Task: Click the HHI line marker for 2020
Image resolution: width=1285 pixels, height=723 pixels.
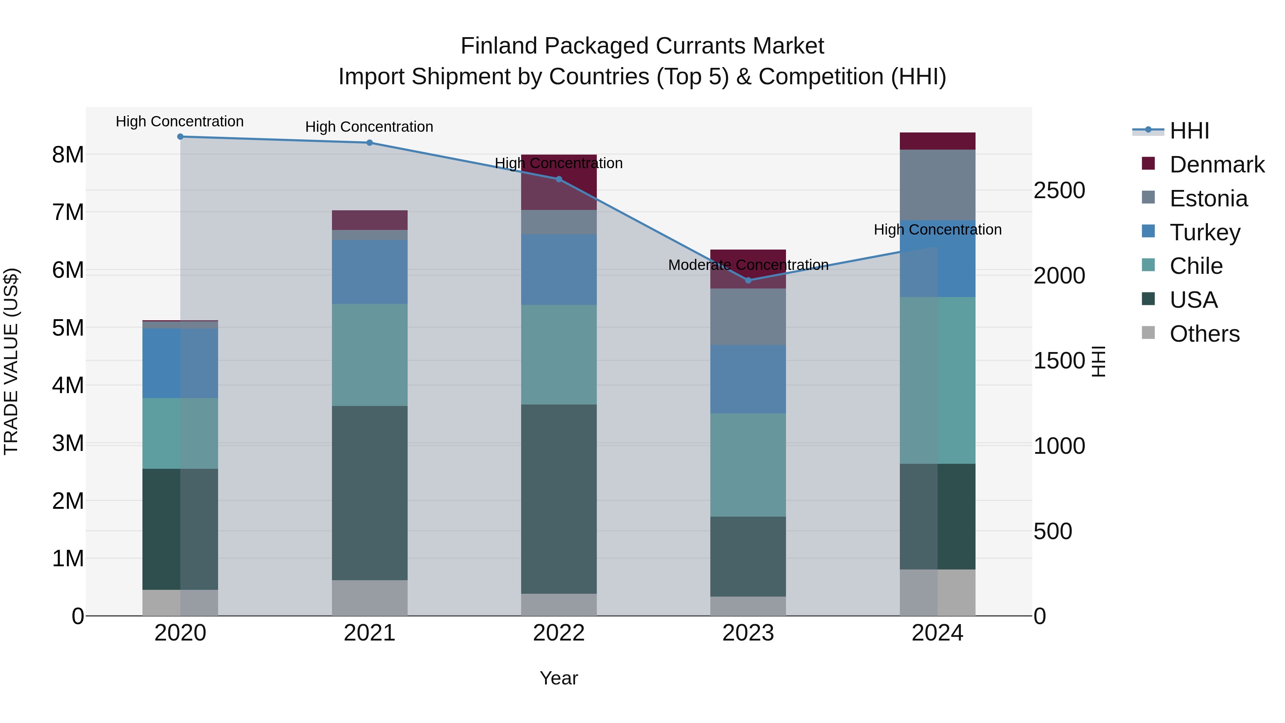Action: click(180, 137)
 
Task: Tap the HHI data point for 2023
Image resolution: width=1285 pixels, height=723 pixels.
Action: click(748, 280)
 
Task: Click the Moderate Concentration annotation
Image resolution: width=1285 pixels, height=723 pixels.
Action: click(748, 265)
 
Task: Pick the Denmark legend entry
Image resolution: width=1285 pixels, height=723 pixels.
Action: click(1216, 165)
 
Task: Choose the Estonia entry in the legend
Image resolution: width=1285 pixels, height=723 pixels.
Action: click(1208, 199)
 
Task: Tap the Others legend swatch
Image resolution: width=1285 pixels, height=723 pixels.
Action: click(1148, 333)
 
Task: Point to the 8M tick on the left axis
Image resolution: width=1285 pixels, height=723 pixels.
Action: click(68, 155)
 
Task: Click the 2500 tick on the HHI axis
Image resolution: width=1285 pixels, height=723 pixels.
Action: click(1059, 191)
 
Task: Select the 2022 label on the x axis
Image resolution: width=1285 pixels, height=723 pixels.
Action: click(559, 633)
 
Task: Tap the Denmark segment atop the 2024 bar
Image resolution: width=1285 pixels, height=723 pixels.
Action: click(937, 141)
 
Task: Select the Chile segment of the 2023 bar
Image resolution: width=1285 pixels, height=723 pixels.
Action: click(748, 465)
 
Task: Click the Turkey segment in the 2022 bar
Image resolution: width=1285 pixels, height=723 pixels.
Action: click(559, 270)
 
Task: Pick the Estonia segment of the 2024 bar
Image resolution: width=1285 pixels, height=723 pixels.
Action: click(937, 185)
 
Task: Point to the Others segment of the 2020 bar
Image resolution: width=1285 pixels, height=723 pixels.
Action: click(180, 603)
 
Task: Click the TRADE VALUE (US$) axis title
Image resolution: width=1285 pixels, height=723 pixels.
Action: click(11, 361)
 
